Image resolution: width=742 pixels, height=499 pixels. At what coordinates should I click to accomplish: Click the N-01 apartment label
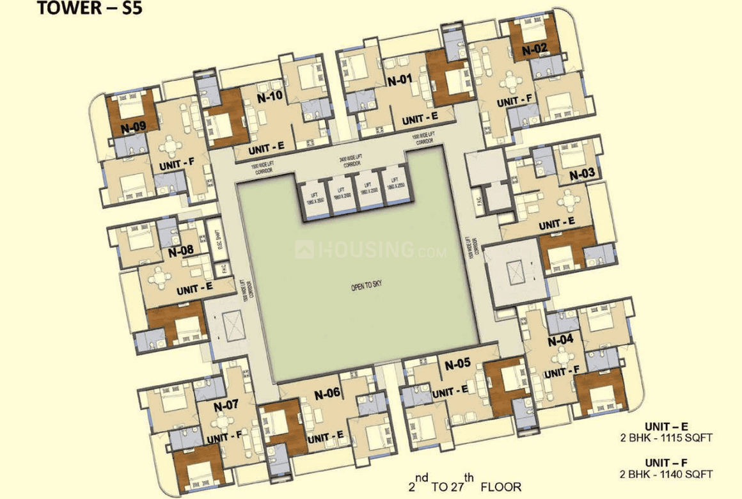399,81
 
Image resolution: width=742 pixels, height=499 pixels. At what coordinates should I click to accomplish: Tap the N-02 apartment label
535,49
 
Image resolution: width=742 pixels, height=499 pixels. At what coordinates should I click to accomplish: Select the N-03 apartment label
581,173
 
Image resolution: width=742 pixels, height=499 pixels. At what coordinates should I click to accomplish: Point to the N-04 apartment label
561,340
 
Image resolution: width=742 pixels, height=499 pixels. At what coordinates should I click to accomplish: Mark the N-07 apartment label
226,405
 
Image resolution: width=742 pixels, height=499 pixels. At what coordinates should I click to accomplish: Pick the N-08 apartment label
180,251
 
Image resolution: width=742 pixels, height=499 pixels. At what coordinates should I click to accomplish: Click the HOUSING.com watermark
371,249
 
